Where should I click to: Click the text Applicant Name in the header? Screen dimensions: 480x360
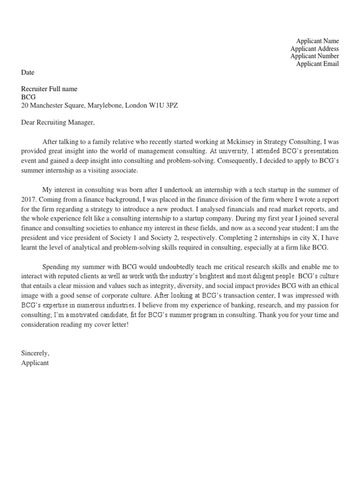tap(317, 41)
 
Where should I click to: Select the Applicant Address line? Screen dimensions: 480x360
tap(314, 49)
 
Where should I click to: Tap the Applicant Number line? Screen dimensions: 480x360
tap(314, 56)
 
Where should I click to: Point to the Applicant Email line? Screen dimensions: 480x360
tap(317, 64)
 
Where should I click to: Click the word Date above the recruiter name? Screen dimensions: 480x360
tap(28, 73)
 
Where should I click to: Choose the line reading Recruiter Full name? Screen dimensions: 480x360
tap(49, 89)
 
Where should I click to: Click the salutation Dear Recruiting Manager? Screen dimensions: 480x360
tap(58, 122)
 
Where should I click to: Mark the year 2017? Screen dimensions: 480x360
tap(29, 198)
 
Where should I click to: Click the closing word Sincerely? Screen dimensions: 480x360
tap(35, 352)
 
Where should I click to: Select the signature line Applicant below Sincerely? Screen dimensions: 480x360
tap(35, 363)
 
